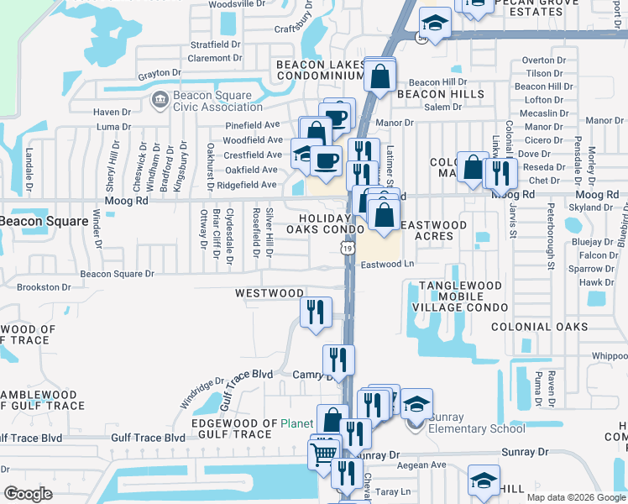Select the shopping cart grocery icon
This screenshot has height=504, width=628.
[324, 454]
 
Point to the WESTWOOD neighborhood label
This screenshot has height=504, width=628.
[269, 293]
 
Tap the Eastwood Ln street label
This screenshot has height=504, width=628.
[388, 264]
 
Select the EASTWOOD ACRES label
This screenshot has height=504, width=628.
[432, 230]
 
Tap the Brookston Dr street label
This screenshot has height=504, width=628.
[43, 286]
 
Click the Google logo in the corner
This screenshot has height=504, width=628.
[29, 493]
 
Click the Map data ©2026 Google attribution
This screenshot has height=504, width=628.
[575, 496]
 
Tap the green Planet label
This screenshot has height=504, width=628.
[296, 423]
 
